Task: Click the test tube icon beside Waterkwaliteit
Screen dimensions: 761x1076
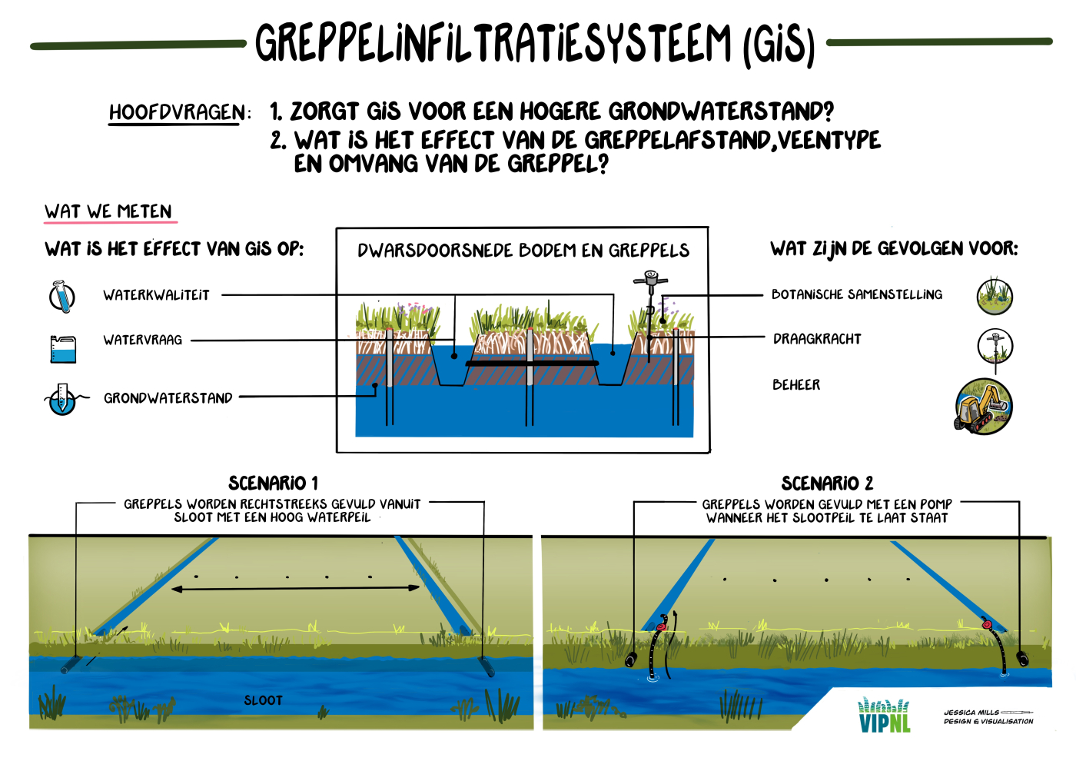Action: [x=61, y=296]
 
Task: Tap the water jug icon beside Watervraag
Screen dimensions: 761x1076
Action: [x=63, y=348]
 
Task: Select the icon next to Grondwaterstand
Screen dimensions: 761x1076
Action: [x=62, y=399]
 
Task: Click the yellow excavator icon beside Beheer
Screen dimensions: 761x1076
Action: [x=983, y=406]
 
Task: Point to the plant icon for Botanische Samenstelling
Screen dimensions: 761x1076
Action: [x=995, y=296]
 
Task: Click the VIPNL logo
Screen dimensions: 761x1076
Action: [x=884, y=715]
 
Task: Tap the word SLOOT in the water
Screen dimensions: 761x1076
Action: [x=263, y=700]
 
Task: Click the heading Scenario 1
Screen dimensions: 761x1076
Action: [x=273, y=483]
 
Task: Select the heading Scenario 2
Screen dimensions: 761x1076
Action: [x=827, y=483]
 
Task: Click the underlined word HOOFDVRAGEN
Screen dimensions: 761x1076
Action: [x=176, y=113]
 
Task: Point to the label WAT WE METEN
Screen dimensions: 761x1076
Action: [x=108, y=211]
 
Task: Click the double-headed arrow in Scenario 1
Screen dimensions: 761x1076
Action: [x=295, y=588]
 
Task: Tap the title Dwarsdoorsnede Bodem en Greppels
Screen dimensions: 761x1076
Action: [x=523, y=250]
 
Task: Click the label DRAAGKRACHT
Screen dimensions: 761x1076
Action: [x=817, y=339]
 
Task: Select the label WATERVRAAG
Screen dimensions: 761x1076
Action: [x=143, y=340]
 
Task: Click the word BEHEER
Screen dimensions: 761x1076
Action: [x=796, y=384]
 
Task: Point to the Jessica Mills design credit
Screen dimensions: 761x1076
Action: [x=988, y=716]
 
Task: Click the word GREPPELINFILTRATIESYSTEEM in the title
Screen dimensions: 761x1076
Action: [x=493, y=44]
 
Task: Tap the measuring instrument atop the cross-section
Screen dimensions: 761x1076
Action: [x=650, y=282]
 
